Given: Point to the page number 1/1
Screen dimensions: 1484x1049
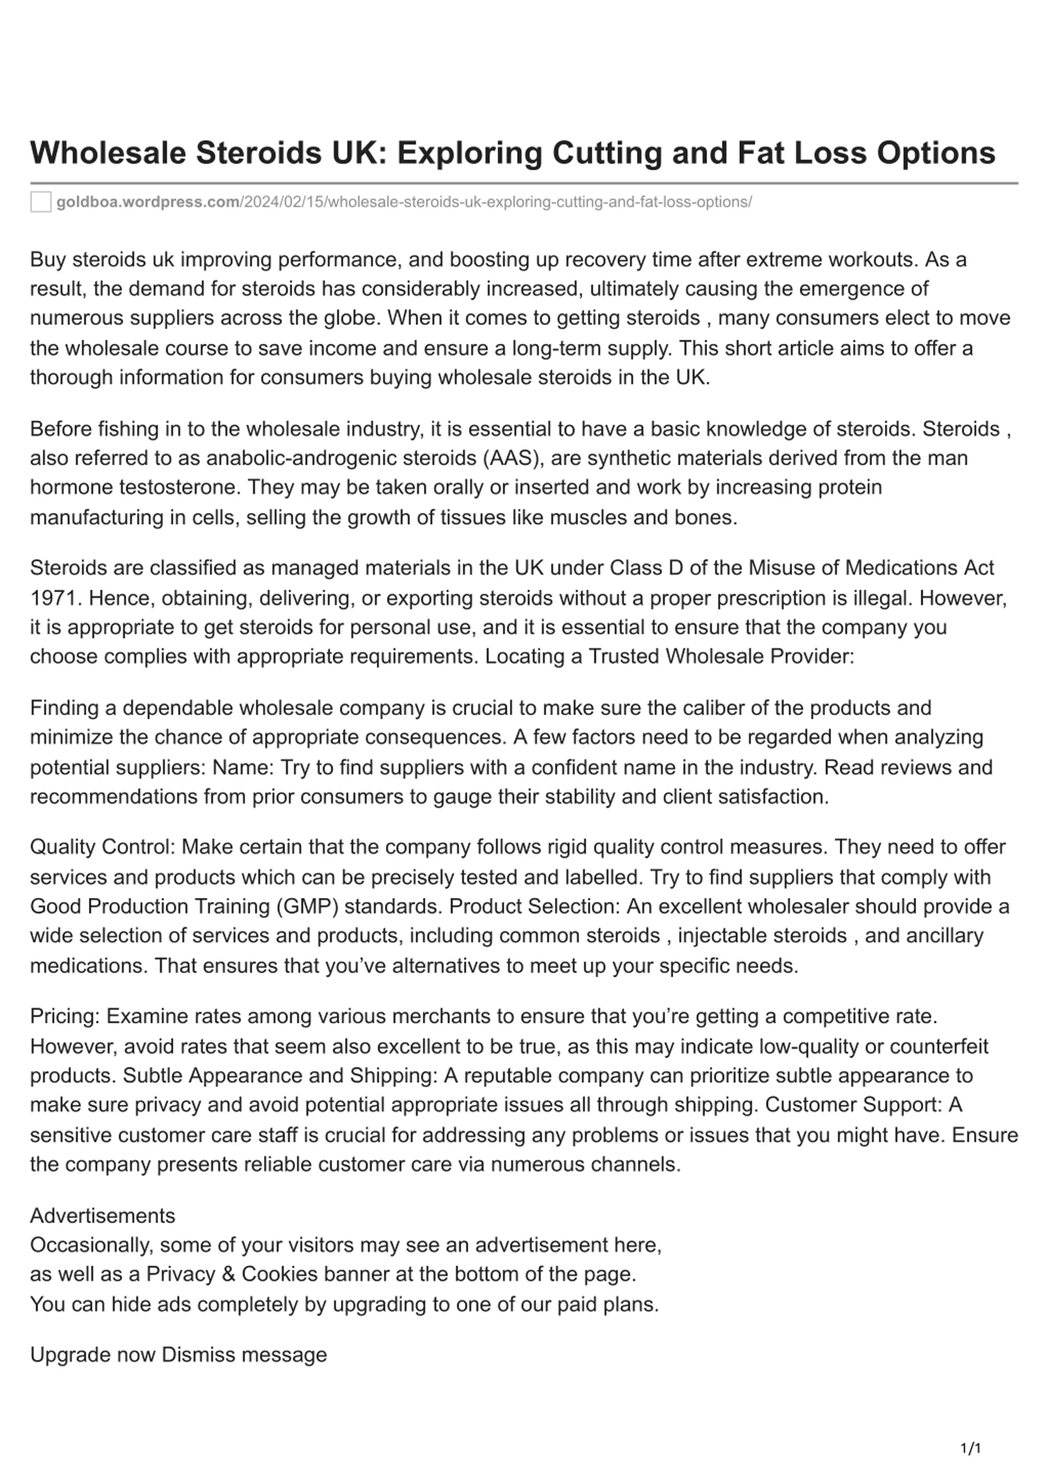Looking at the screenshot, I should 970,1448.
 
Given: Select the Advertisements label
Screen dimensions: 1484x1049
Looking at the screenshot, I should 102,1216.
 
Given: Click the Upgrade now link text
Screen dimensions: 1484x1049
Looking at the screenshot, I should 93,1355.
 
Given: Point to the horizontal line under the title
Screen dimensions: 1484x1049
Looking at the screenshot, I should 524,183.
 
